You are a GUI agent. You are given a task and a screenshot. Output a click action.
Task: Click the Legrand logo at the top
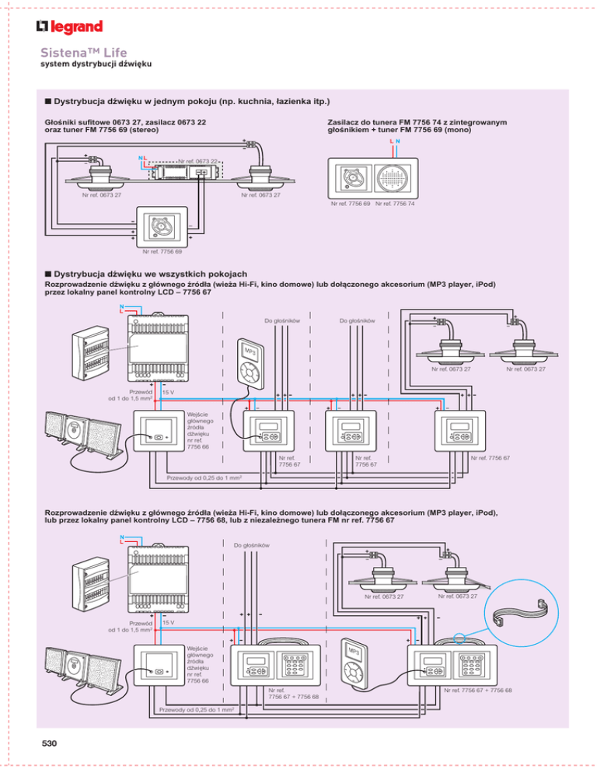tap(69, 28)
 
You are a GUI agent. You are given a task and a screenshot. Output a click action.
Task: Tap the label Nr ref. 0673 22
tap(198, 162)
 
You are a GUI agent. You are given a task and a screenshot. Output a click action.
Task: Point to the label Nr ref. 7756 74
tap(396, 205)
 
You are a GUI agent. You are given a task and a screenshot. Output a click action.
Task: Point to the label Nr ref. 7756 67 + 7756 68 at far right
tap(477, 689)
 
